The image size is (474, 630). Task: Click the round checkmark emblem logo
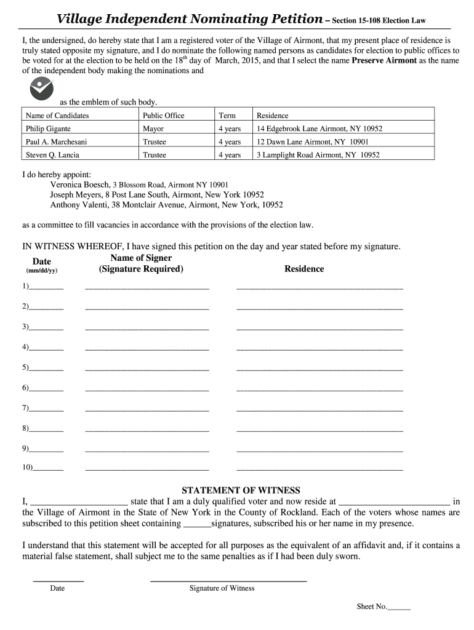[x=41, y=90]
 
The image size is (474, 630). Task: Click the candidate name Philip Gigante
[x=48, y=129]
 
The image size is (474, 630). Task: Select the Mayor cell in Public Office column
[x=153, y=129]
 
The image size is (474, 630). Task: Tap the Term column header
[x=227, y=115]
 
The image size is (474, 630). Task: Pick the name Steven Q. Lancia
[x=52, y=155]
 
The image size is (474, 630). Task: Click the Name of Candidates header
[x=57, y=115]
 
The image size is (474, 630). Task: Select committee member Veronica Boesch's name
[x=80, y=185]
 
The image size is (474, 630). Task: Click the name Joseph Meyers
[x=76, y=194]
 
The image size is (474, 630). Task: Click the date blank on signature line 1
[x=46, y=287]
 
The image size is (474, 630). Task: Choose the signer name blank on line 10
[x=147, y=469]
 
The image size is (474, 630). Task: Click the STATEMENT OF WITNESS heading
[x=241, y=490]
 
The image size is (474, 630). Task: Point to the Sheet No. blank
[x=399, y=608]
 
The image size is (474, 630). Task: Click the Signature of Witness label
[x=222, y=588]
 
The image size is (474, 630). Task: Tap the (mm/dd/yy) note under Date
[x=41, y=271]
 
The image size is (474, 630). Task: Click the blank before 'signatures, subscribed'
[x=197, y=525]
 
